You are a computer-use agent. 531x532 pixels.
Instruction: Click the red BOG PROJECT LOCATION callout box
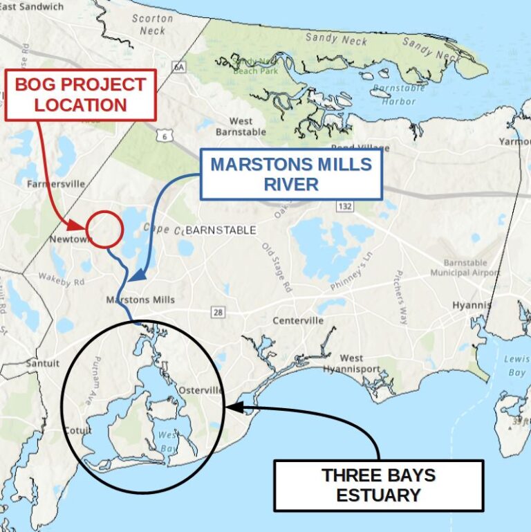(81, 95)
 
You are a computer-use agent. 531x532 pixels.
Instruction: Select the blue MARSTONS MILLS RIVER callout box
(291, 174)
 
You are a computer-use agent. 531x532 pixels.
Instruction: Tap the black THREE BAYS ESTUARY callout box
(378, 485)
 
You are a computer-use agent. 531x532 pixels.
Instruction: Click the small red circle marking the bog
(105, 229)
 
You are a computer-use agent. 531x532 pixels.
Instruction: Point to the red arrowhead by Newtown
(77, 226)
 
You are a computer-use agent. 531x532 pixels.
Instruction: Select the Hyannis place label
(472, 305)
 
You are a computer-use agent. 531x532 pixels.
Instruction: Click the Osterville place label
(201, 391)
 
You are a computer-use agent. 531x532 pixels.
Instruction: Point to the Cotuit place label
(78, 430)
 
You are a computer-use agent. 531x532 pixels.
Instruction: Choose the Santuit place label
(43, 363)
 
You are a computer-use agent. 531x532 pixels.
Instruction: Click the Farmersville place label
(56, 184)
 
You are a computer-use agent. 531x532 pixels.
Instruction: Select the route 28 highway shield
(218, 313)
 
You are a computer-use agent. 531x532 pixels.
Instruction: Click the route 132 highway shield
(344, 206)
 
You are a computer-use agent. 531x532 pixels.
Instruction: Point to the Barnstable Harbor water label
(394, 95)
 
